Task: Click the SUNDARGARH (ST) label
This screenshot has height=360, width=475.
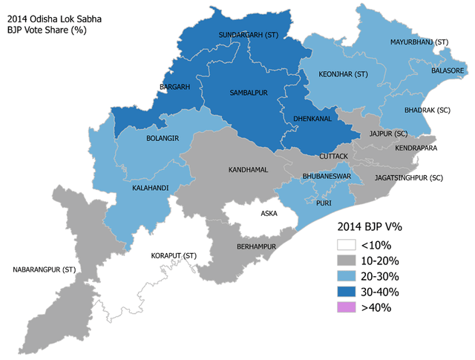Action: click(249, 35)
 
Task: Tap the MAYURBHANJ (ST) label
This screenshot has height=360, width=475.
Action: click(419, 44)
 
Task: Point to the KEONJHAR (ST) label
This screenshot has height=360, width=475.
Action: click(343, 74)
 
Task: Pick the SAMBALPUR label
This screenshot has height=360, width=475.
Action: click(248, 93)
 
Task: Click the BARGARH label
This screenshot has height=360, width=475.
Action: click(175, 87)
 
